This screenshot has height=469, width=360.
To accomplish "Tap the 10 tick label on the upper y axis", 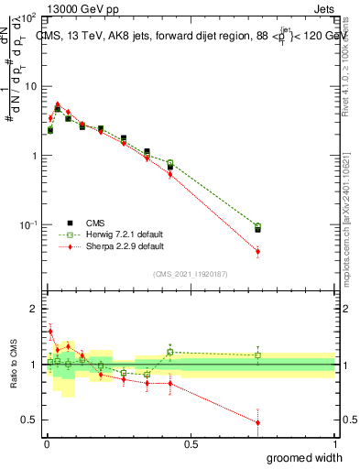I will [30, 86].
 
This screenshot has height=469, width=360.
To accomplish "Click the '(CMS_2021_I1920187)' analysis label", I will [191, 273].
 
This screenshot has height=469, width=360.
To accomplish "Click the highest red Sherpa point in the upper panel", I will [58, 104].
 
